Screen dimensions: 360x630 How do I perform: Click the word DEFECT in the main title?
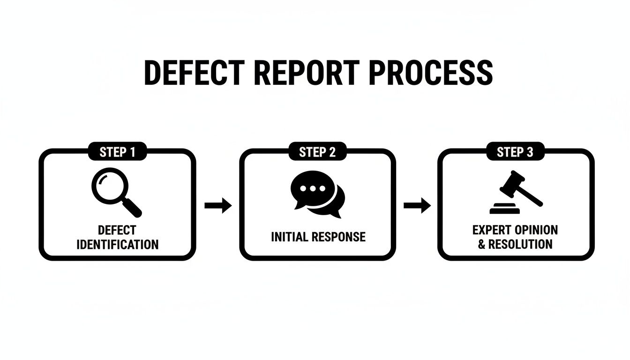point(194,73)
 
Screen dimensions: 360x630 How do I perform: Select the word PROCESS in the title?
point(431,73)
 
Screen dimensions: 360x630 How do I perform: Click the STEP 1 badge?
point(117,152)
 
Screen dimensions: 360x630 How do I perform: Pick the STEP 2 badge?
point(317,152)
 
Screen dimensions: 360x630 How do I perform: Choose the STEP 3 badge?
point(515,152)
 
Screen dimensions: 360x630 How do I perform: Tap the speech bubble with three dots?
point(309,188)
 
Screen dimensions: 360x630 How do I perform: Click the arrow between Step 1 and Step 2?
point(218,205)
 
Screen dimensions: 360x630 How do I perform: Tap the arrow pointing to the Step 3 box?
point(417,205)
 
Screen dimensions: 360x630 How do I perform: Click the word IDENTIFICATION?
point(117,244)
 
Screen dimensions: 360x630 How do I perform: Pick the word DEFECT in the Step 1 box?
point(117,230)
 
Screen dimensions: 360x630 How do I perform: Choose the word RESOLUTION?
point(520,244)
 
